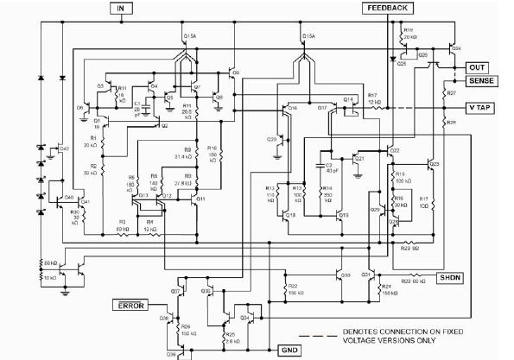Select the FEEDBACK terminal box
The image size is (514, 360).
coord(389,8)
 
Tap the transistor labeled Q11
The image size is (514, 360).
coord(200,199)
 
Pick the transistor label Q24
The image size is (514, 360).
coord(455,48)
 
